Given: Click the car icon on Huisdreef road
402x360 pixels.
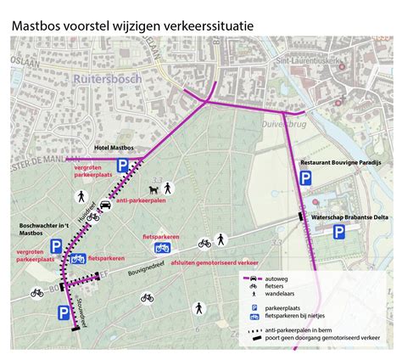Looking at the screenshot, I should [x=104, y=205].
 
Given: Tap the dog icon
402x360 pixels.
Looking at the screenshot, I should [x=154, y=188].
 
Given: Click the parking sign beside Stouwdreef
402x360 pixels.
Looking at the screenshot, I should [x=64, y=313].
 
